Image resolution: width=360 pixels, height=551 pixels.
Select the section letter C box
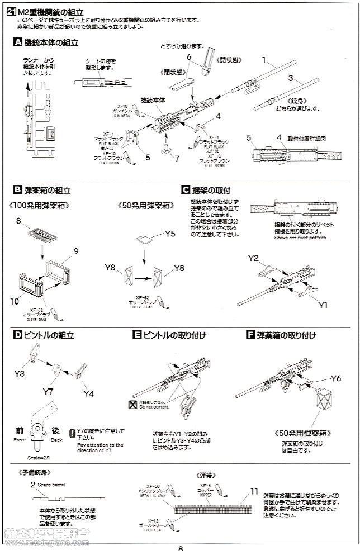(186, 190)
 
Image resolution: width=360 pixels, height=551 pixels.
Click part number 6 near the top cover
(189, 57)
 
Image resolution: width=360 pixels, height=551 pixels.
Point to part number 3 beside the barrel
(291, 78)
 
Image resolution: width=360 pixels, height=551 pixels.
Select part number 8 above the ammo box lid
(18, 222)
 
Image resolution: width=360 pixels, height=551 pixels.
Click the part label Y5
(170, 233)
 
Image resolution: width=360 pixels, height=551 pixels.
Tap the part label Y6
(335, 378)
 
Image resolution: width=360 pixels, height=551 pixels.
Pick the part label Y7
(48, 391)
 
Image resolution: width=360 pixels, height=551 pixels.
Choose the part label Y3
(19, 372)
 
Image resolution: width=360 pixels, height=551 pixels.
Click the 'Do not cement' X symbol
(132, 405)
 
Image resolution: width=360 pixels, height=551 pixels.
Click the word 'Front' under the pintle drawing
(20, 440)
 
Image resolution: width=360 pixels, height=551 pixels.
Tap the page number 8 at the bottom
(181, 547)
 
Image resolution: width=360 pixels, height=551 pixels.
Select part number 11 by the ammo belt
(254, 491)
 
